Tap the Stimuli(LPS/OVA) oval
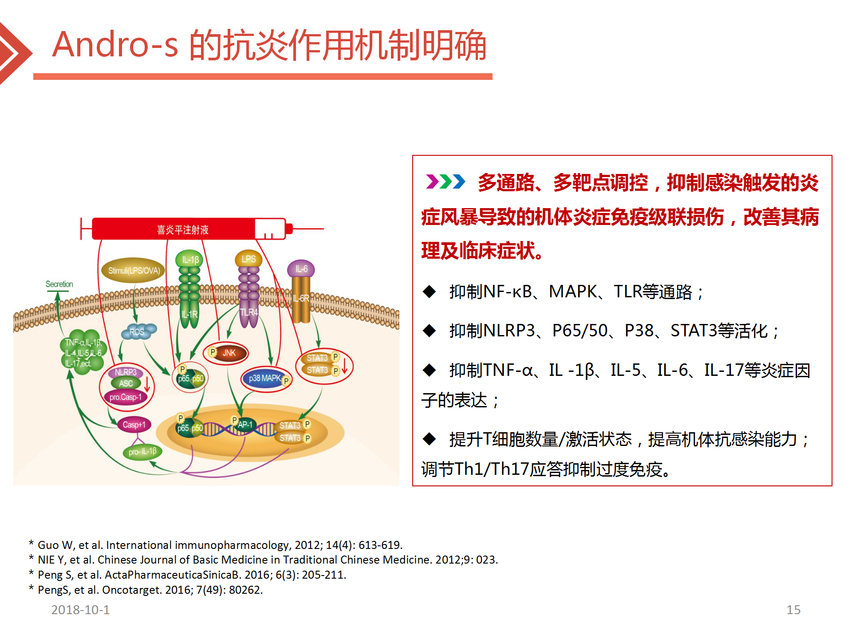pyautogui.click(x=134, y=270)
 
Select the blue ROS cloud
pyautogui.click(x=138, y=331)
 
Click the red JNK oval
pyautogui.click(x=226, y=353)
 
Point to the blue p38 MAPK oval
pyautogui.click(x=266, y=379)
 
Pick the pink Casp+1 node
pyautogui.click(x=134, y=425)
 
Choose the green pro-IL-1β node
pyautogui.click(x=142, y=452)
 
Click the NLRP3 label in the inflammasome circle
pyautogui.click(x=126, y=372)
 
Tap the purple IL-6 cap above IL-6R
pyautogui.click(x=301, y=269)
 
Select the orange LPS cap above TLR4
pyautogui.click(x=248, y=259)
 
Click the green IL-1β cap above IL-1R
pyautogui.click(x=190, y=259)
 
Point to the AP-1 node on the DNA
pyautogui.click(x=244, y=425)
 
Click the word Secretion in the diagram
pyautogui.click(x=59, y=284)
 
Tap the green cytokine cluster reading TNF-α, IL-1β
pyautogui.click(x=83, y=352)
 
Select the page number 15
pyautogui.click(x=793, y=610)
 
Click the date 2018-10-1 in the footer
pyautogui.click(x=80, y=610)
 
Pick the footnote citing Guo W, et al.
pyautogui.click(x=216, y=545)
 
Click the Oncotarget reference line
pyautogui.click(x=146, y=590)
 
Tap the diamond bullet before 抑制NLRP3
pyautogui.click(x=430, y=331)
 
